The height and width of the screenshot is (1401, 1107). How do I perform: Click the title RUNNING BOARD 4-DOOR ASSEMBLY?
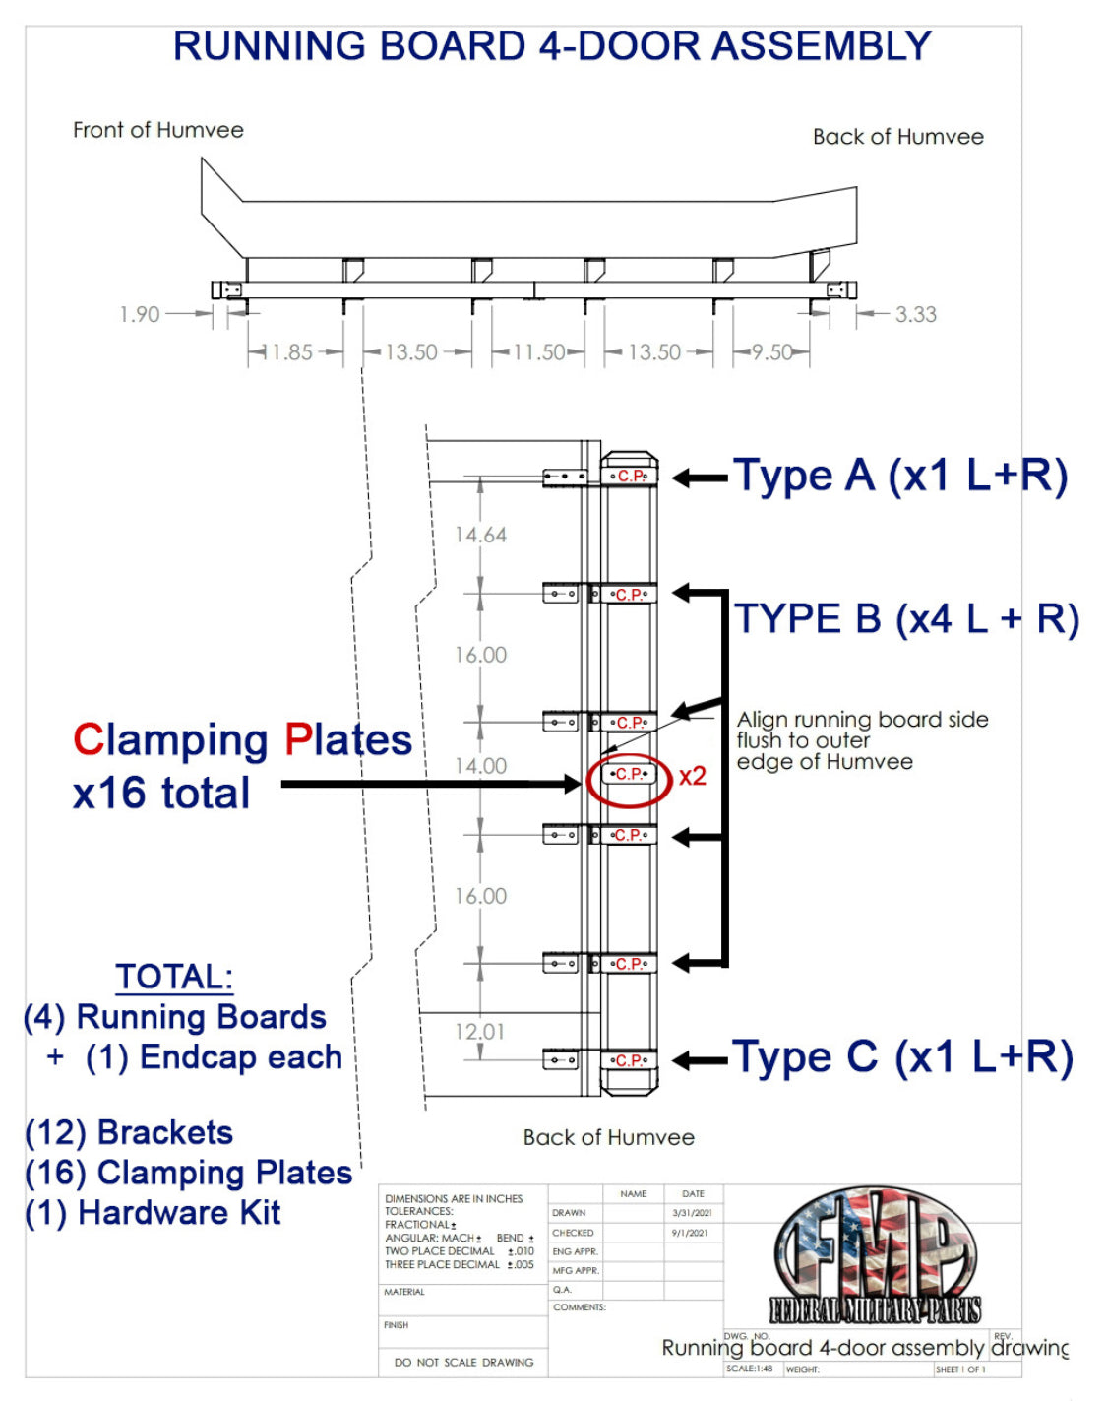(552, 46)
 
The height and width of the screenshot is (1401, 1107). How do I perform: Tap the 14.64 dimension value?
(480, 535)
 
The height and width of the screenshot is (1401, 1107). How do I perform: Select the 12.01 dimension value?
(479, 1031)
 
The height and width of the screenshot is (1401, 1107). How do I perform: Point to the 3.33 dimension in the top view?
(915, 314)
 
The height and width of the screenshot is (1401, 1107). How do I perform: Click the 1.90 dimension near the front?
(139, 314)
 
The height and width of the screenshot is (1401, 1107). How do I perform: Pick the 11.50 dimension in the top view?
(539, 351)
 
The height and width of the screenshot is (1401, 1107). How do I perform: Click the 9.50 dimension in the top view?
(772, 351)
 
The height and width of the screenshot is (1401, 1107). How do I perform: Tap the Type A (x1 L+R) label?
(899, 476)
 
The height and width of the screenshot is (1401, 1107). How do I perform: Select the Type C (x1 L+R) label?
(902, 1057)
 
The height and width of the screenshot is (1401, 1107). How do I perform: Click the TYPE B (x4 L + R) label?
(906, 618)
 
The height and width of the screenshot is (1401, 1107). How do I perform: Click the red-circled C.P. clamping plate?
(629, 775)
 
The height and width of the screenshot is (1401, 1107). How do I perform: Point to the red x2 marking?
(693, 776)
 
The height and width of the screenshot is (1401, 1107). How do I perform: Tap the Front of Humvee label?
(158, 130)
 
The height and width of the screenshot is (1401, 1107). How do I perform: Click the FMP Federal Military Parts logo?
(875, 1254)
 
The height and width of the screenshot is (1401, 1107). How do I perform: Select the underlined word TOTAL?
(174, 977)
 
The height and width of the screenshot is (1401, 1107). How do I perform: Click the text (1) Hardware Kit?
(154, 1213)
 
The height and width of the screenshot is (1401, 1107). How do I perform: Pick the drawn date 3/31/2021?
(692, 1213)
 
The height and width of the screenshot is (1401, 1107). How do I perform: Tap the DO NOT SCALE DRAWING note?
(463, 1362)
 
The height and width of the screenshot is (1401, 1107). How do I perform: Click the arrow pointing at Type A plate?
(700, 478)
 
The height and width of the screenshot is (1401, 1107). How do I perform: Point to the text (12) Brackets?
(129, 1133)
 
